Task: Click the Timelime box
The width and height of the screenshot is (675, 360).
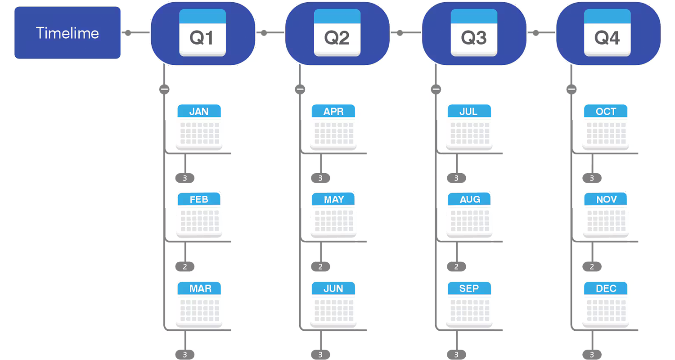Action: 67,33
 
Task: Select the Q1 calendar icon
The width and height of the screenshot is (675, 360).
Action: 202,33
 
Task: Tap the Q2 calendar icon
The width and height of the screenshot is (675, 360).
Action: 337,33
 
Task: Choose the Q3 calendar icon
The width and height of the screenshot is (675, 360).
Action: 474,33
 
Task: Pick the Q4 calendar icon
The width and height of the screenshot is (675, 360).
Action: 607,33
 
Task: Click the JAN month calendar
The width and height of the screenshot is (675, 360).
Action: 198,126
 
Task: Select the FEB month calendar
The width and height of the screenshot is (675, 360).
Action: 198,213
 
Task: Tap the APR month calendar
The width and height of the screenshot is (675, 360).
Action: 333,126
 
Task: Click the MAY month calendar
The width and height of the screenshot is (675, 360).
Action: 333,213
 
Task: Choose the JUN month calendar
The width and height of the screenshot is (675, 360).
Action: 333,303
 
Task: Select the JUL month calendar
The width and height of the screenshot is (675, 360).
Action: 469,126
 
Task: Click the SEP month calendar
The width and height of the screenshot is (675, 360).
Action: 469,303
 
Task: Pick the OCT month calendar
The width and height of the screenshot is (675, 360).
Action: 606,126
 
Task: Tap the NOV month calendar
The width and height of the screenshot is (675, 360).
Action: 606,213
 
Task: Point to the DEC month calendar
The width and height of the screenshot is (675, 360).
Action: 606,303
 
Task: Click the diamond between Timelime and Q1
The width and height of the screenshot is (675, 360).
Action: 135,33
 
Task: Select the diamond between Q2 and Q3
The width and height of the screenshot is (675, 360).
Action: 405,33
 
